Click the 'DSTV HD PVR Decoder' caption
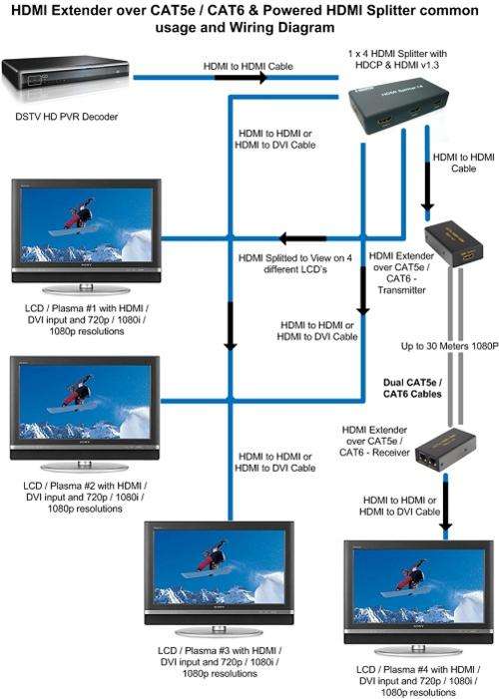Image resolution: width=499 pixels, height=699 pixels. tap(67, 117)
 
